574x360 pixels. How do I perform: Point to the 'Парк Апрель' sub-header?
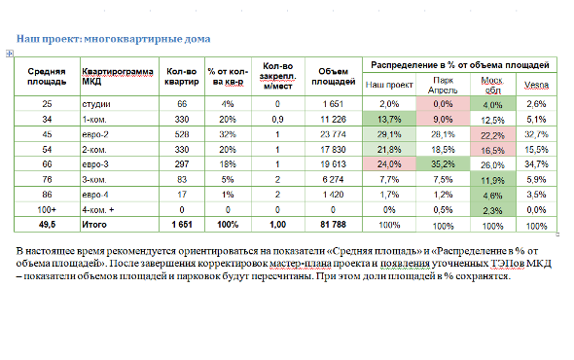(443, 86)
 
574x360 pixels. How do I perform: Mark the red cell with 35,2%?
(443, 164)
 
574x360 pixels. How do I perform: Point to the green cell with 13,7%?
(389, 119)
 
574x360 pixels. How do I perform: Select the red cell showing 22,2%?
(491, 134)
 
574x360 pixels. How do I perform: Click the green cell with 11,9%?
(491, 180)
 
